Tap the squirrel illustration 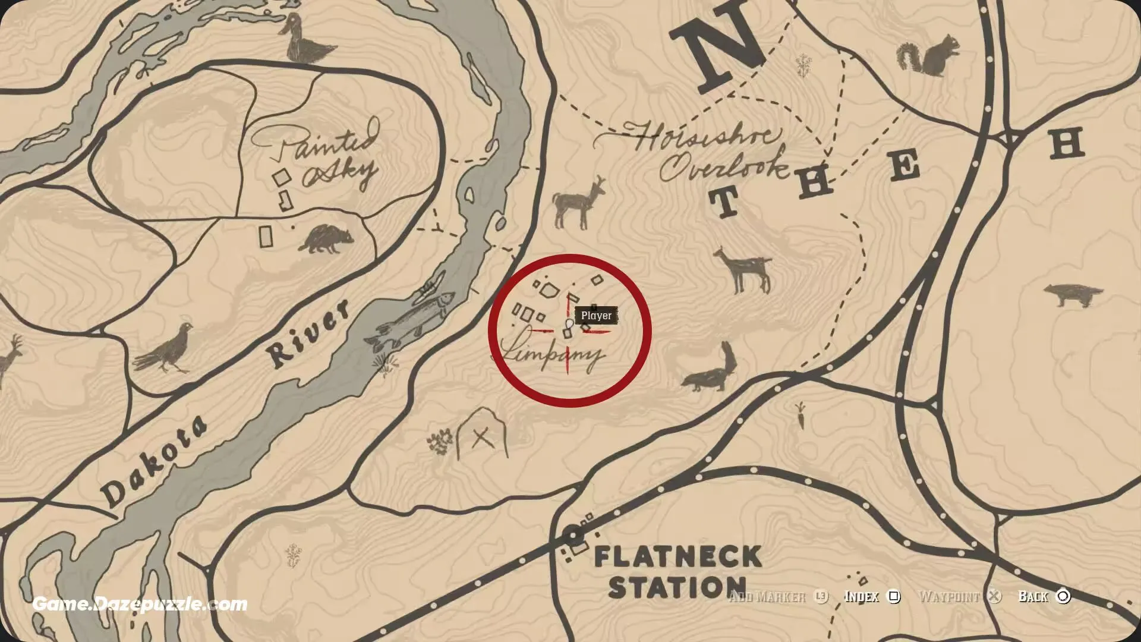point(928,55)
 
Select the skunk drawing point(710,370)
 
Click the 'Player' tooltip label point(596,316)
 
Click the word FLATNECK point(677,558)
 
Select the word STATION point(677,587)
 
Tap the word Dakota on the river point(155,461)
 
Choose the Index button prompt point(871,596)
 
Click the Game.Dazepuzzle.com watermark point(140,605)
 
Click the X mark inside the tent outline point(482,439)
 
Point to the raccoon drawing point(326,239)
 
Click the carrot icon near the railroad point(800,415)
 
